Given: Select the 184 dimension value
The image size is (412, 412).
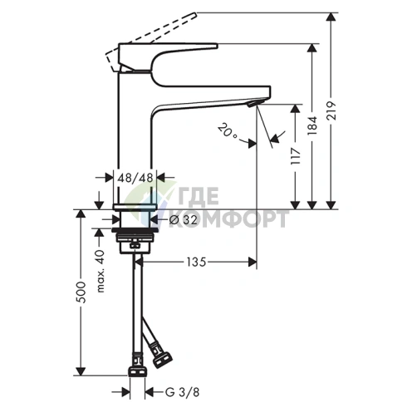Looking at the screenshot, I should coord(314,125).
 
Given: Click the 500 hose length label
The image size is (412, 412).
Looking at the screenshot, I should coord(81,296).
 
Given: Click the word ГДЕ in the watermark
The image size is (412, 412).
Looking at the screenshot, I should coord(199,197).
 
